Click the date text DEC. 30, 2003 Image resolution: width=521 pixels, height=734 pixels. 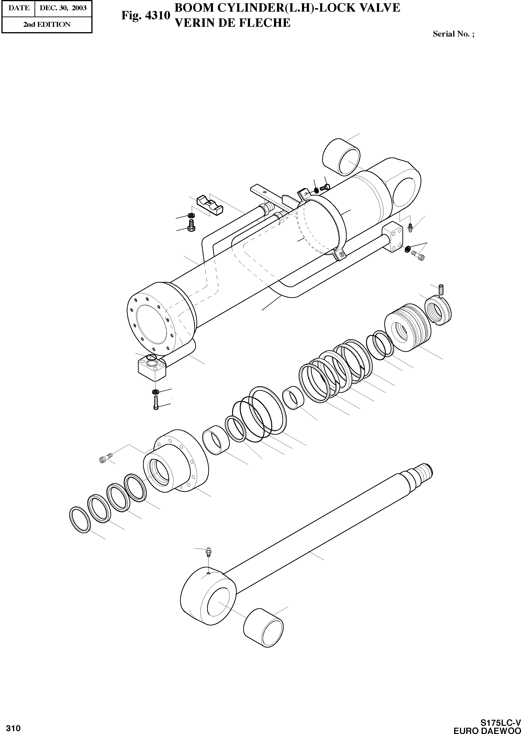click(63, 8)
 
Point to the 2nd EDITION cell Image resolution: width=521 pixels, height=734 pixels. click(47, 24)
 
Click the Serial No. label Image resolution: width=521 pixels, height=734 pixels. click(453, 34)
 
